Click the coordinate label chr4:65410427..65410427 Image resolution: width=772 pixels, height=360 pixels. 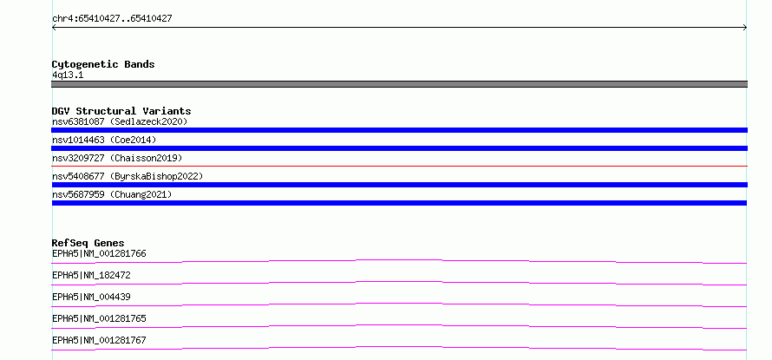click(112, 19)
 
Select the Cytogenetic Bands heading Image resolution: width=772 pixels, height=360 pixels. click(103, 64)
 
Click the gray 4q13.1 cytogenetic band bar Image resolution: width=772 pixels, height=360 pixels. click(399, 84)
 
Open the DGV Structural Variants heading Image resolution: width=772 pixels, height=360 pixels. click(121, 111)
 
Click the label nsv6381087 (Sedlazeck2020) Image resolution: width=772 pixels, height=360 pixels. click(120, 121)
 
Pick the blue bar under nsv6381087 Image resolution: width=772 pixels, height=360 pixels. click(399, 130)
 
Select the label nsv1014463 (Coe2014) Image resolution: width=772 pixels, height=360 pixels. click(104, 140)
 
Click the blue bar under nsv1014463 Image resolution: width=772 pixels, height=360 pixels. click(399, 148)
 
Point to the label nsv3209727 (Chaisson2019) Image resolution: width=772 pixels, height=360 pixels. click(117, 158)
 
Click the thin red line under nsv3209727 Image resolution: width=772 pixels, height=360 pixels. click(399, 166)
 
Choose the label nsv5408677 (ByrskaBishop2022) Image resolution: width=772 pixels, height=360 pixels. click(128, 176)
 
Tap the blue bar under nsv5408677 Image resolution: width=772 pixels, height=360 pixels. click(399, 185)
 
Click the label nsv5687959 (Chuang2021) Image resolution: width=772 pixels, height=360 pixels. click(112, 194)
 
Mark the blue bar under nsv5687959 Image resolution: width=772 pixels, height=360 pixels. click(399, 203)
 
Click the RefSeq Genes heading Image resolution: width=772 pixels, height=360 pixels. click(88, 243)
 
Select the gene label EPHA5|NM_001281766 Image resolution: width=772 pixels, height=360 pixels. click(99, 254)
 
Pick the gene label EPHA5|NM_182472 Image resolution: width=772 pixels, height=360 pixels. click(91, 276)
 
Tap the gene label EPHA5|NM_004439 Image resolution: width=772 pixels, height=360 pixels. click(91, 298)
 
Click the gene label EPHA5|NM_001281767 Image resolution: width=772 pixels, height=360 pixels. click(99, 341)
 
